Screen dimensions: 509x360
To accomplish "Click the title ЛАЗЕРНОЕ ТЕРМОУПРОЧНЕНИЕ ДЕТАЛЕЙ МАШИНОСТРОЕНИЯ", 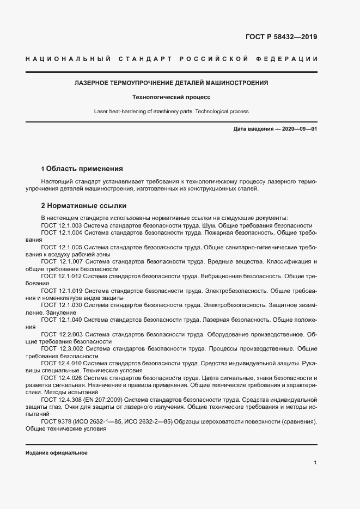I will click(x=171, y=83).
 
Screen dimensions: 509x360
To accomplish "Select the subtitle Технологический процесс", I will click(x=171, y=97).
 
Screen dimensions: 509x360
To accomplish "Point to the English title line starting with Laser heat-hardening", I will click(x=171, y=112).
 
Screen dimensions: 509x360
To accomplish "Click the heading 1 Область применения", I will click(x=82, y=169).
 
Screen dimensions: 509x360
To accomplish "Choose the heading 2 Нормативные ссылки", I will click(x=84, y=206).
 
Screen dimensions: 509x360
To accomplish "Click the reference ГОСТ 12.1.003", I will click(x=62, y=225).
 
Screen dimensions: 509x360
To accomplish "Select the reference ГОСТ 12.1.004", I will click(x=62, y=232).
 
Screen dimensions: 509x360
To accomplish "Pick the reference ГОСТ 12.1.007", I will click(x=62, y=262).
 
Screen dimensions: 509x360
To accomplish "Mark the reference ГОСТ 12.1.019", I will click(x=62, y=291).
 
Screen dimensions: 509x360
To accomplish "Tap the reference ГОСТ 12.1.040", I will click(x=62, y=320).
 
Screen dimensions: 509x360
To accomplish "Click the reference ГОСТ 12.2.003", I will click(x=62, y=334).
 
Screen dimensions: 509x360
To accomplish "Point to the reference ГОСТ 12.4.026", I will click(x=62, y=378).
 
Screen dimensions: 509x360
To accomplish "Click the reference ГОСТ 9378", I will click(x=57, y=421).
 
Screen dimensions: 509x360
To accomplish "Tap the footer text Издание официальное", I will click(x=56, y=453).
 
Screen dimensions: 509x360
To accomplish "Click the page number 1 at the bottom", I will click(x=315, y=463).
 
